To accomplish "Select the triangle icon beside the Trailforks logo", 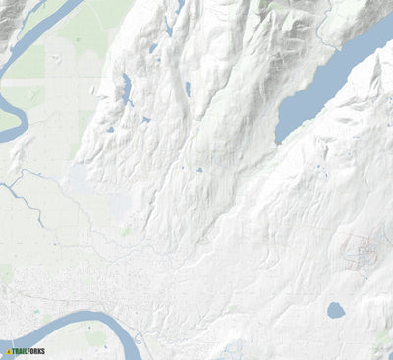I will pos(8,350).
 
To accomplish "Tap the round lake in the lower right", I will pos(336,311).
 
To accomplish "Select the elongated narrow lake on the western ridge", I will pos(126,90).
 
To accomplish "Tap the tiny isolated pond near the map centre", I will pos(198,170).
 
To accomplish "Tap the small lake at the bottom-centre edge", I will pos(233,348).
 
